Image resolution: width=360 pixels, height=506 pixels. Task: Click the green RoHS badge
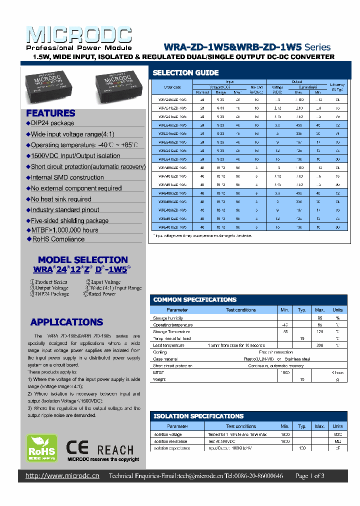click(x=41, y=448)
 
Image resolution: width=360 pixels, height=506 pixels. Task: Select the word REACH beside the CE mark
click(x=115, y=450)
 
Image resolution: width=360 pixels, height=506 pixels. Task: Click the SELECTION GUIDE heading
click(x=185, y=72)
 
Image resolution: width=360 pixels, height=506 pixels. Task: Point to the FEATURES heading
click(x=50, y=113)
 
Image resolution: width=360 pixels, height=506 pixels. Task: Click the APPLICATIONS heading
click(x=66, y=322)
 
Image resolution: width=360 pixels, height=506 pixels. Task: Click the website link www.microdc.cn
click(x=62, y=476)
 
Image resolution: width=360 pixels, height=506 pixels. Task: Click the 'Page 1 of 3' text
click(x=310, y=476)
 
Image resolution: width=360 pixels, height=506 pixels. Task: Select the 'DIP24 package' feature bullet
click(x=52, y=123)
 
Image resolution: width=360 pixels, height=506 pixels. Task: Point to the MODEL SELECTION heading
click(x=83, y=259)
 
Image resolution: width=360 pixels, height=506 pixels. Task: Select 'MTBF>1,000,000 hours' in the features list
click(x=64, y=230)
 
